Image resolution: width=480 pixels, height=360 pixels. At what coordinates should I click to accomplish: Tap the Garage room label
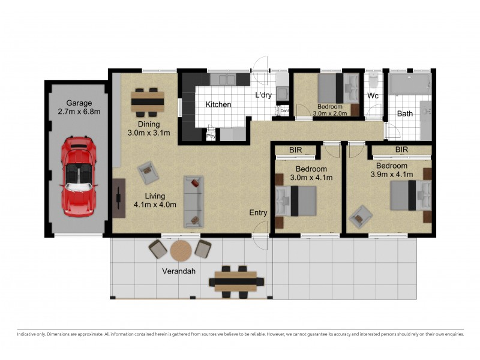tap(79, 103)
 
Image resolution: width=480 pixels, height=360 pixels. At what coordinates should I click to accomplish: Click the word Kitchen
tap(218, 104)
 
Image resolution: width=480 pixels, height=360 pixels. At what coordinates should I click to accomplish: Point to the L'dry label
tap(264, 95)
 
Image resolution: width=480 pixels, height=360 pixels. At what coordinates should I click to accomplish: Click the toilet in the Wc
tap(373, 81)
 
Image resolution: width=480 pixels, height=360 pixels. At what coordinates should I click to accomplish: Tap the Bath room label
tap(404, 114)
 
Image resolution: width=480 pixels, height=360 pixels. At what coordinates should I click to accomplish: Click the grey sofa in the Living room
tap(193, 201)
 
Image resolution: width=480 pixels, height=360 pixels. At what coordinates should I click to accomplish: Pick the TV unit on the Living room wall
tap(118, 196)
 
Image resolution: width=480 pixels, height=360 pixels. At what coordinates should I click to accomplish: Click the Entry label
tap(259, 212)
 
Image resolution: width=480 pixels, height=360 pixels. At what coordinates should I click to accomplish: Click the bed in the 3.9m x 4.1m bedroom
tap(411, 196)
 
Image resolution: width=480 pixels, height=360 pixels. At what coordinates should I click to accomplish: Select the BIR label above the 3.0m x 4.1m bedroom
tap(295, 150)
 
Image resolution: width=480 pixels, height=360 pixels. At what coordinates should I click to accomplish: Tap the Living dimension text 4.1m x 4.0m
tap(155, 205)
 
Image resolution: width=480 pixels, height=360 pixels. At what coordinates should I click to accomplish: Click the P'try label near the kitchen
tap(211, 136)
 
